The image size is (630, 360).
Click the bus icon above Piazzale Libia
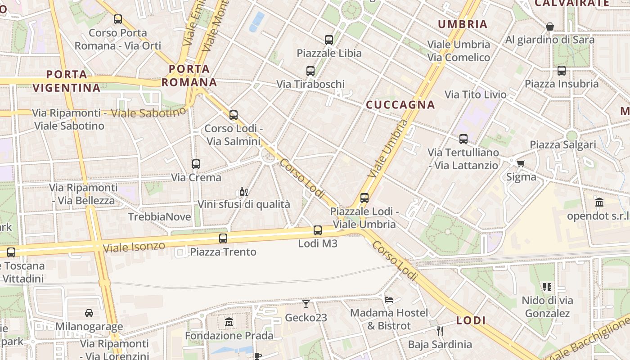point(329,40)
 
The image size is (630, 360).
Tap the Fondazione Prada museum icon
point(229,322)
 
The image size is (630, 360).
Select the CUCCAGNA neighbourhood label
point(400,105)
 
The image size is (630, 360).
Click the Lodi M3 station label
point(318,243)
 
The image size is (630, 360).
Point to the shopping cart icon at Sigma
point(521,163)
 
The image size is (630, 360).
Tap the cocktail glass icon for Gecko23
point(306,304)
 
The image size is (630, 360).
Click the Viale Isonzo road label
point(134,247)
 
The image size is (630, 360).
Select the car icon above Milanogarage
point(89,313)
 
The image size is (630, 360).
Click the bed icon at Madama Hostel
point(389,299)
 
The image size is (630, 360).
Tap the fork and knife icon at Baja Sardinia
point(440,331)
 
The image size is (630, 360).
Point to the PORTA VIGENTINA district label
point(67,81)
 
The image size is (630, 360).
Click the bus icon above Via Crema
point(196,164)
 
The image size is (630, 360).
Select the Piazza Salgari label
point(562,145)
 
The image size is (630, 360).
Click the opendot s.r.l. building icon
point(599,202)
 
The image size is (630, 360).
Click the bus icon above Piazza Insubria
point(561,71)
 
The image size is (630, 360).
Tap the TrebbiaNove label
point(159,217)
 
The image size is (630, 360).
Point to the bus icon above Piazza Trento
point(223,238)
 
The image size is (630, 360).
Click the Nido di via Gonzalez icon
point(547,287)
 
